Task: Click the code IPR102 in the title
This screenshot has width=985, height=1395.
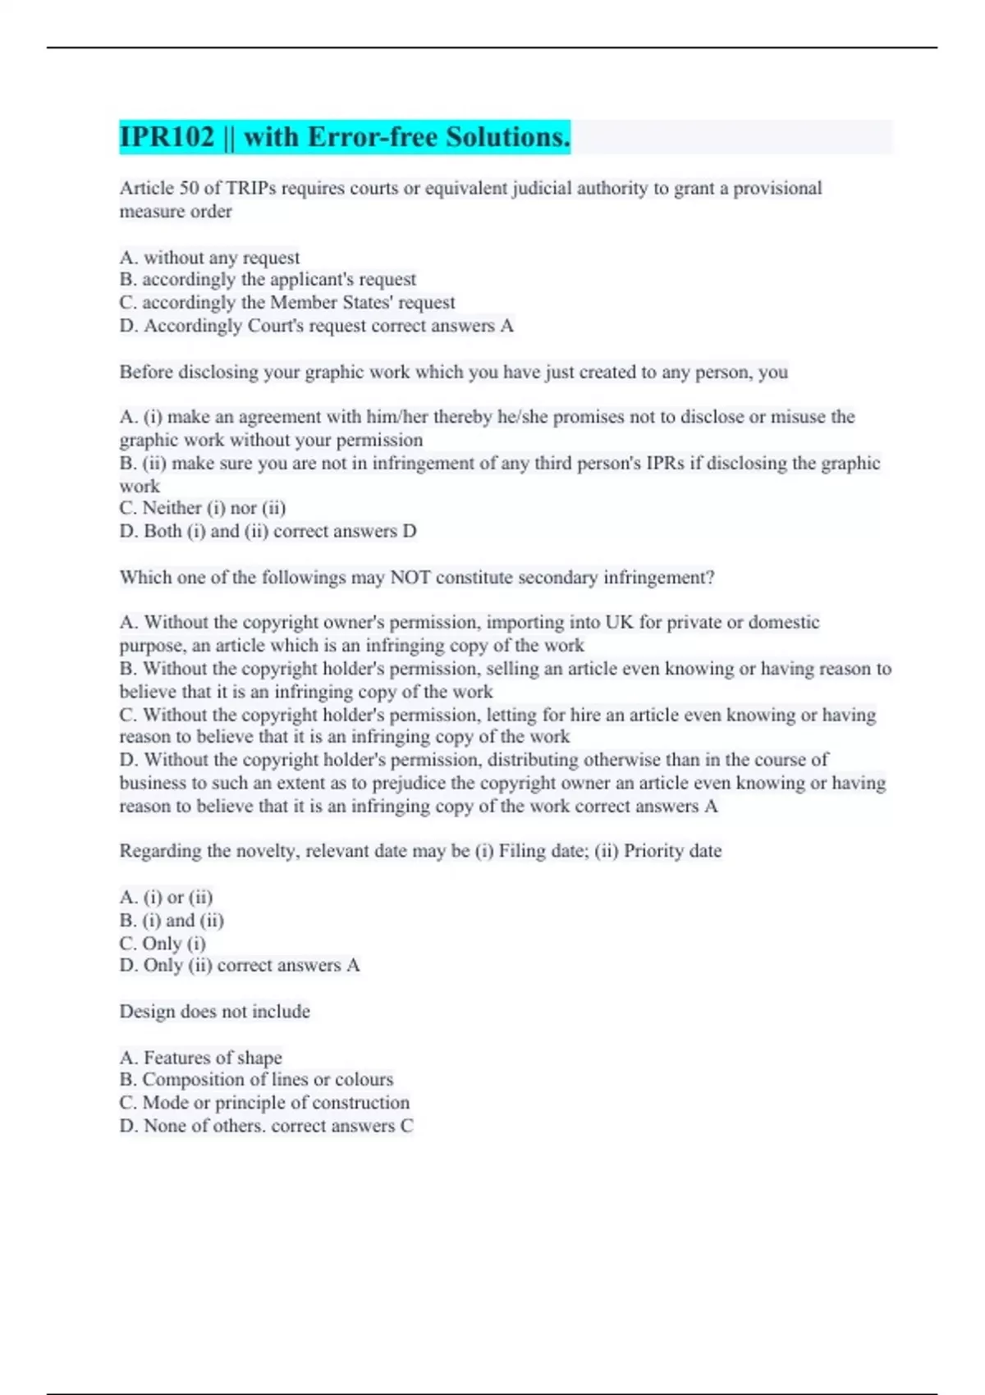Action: (167, 137)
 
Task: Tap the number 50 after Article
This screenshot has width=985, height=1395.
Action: (189, 188)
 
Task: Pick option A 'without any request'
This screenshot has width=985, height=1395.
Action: (210, 258)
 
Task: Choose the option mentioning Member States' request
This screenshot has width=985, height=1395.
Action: (287, 303)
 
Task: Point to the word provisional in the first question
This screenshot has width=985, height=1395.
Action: (777, 188)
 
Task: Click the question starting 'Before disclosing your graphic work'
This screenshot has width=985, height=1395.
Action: (453, 372)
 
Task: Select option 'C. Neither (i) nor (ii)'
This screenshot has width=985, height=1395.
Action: (203, 508)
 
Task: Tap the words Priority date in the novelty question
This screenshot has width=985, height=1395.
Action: (672, 851)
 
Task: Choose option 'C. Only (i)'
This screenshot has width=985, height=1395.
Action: (163, 944)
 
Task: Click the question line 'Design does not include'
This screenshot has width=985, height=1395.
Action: (215, 1012)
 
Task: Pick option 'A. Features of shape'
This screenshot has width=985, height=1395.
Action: (201, 1058)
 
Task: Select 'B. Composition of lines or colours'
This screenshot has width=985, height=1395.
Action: (256, 1080)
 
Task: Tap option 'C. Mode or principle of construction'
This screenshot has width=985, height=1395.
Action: (264, 1103)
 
